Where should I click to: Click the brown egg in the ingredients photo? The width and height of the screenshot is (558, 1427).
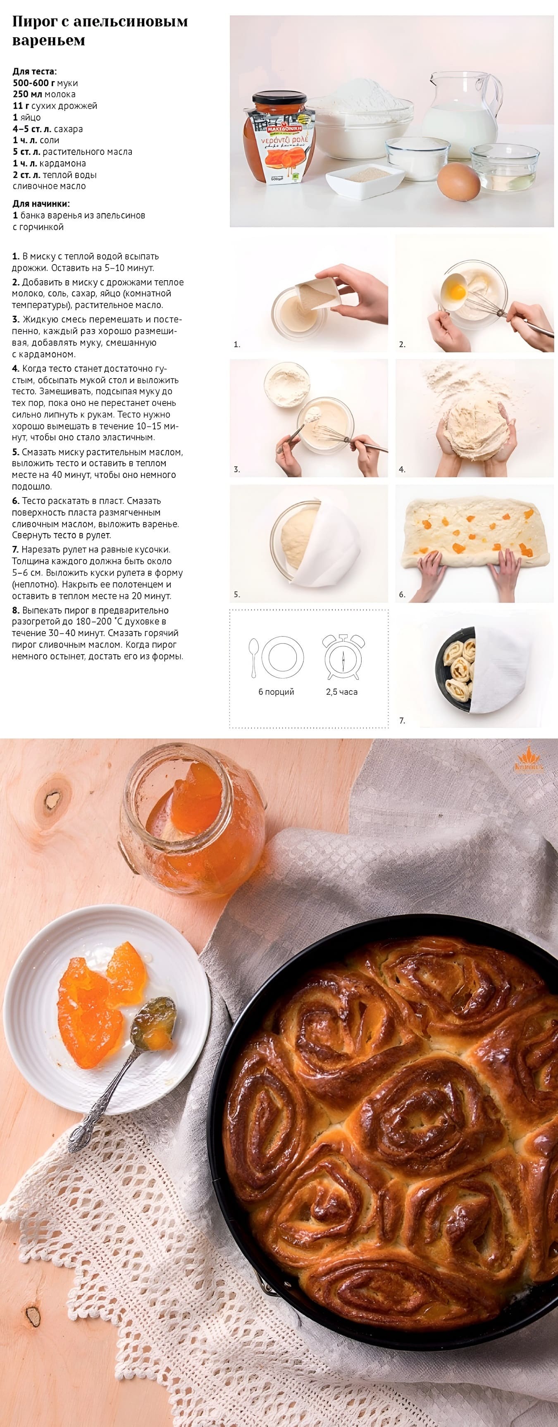tap(458, 181)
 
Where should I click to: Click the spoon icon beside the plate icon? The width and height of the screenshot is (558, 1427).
tap(254, 657)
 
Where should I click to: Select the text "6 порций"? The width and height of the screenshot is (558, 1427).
tap(276, 692)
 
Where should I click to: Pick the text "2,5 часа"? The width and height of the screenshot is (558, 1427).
tap(342, 692)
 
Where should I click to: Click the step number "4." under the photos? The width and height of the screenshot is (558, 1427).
tap(402, 469)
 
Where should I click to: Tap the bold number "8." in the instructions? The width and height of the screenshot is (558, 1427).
tap(16, 610)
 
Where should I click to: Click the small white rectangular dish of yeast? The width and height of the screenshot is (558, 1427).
tap(365, 180)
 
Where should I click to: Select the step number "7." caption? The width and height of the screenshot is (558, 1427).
tap(402, 720)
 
